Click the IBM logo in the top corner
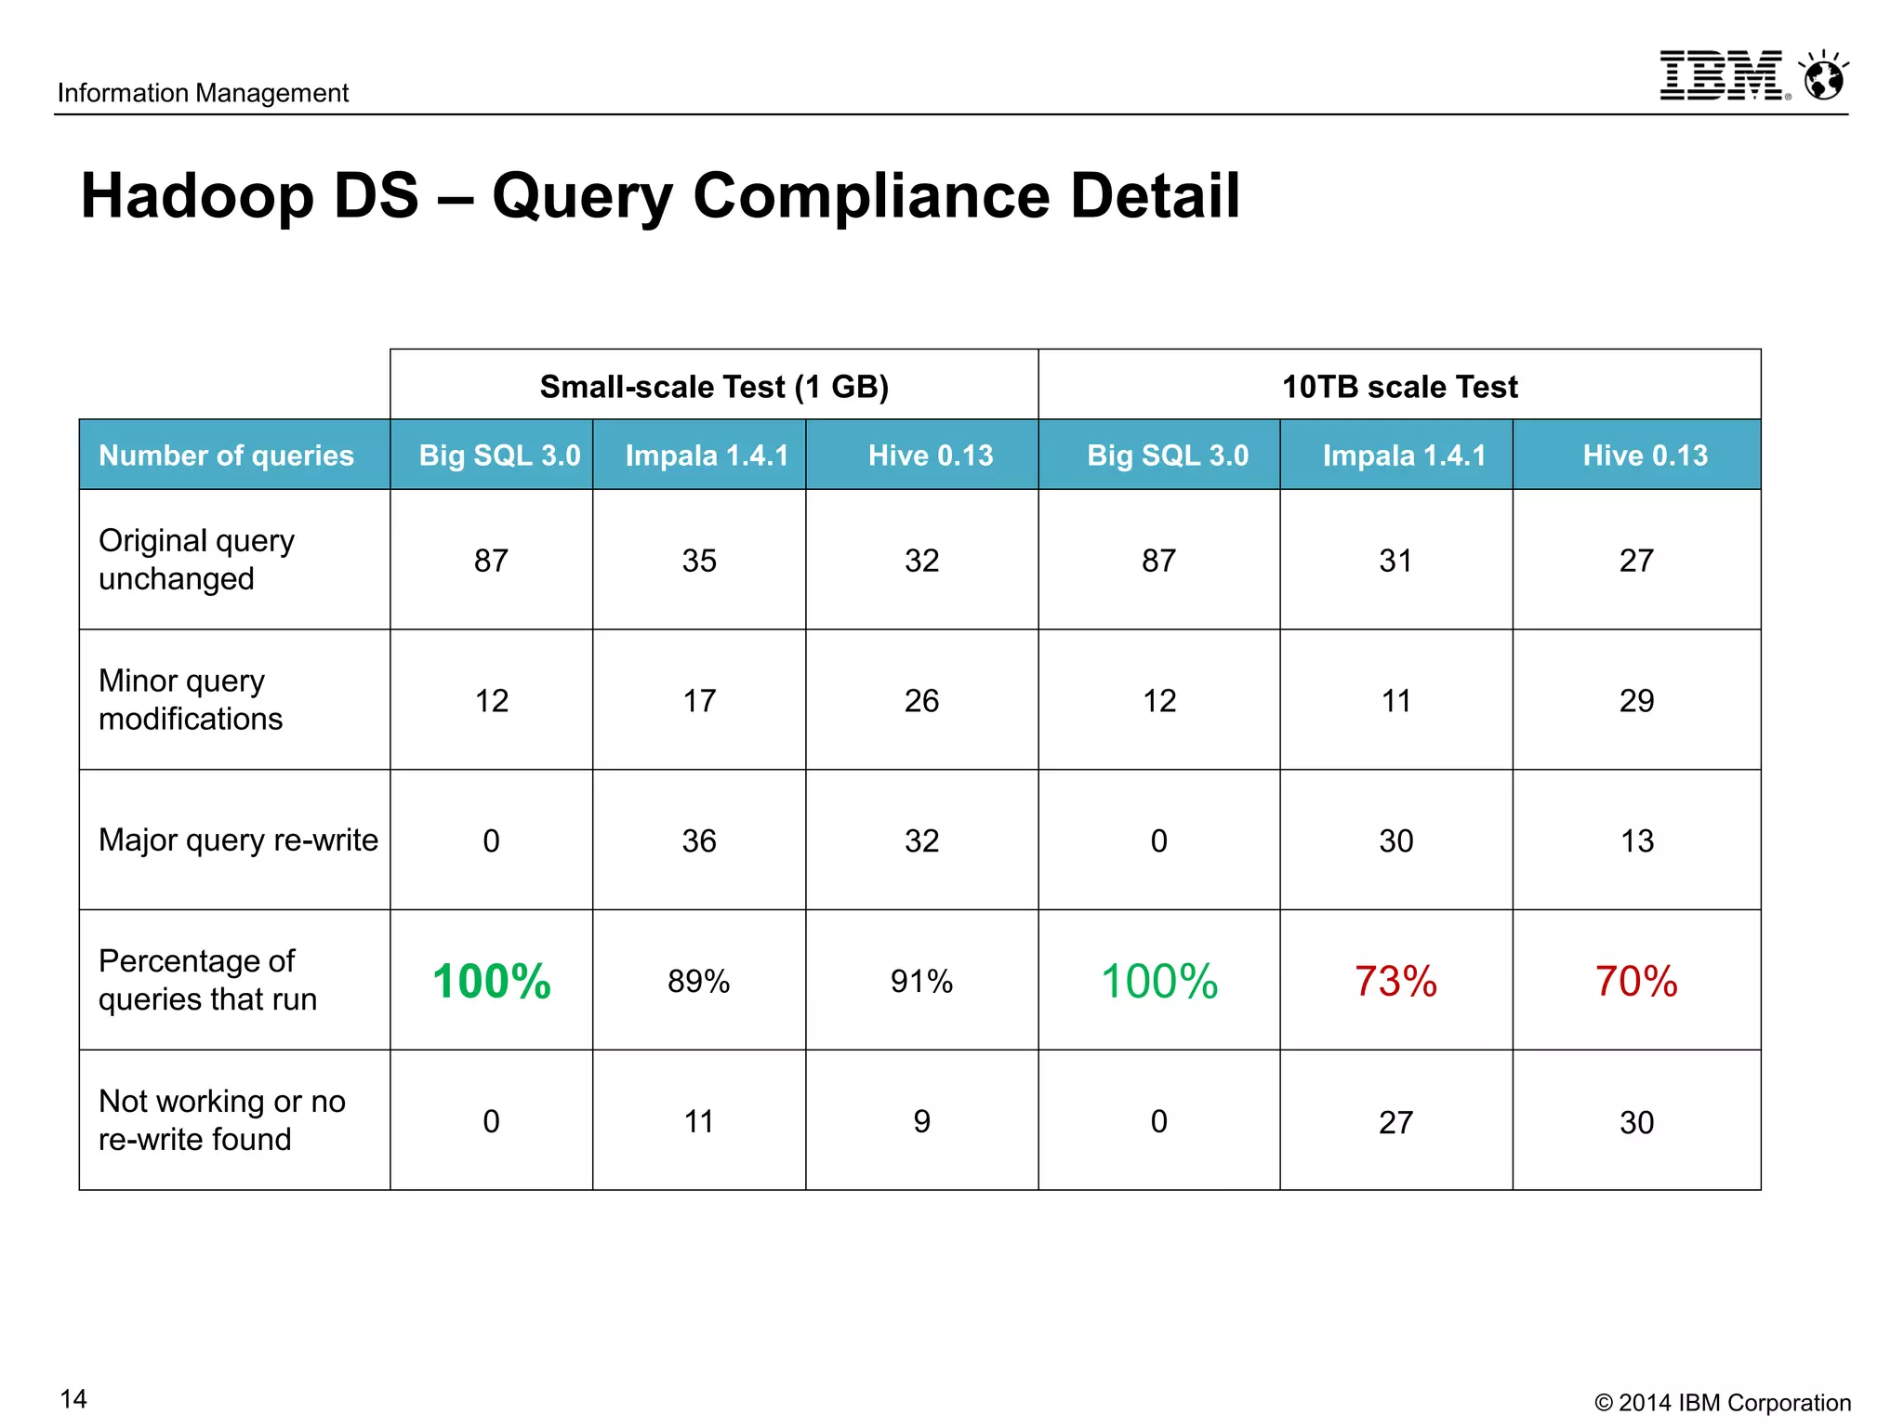coord(1723,75)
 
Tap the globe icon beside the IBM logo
coord(1824,77)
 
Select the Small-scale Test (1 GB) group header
coord(714,386)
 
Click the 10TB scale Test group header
coord(1399,386)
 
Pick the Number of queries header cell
coord(226,456)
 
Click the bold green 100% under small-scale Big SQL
coord(492,982)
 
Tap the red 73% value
coord(1395,982)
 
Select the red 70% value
coord(1636,982)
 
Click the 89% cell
coord(699,982)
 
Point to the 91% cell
coord(921,982)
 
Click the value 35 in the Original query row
coord(699,561)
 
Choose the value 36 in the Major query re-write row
coord(699,841)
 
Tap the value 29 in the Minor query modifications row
coord(1636,701)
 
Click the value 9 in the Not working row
coord(921,1121)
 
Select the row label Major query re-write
coord(238,840)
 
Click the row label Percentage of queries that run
coord(207,980)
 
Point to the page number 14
coord(73,1399)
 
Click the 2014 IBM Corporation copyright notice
coord(1723,1403)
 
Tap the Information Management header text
coord(203,93)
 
